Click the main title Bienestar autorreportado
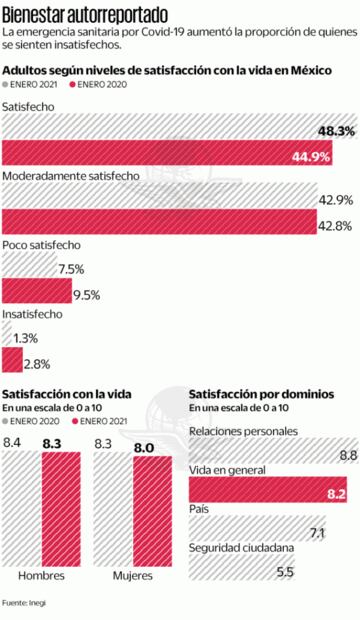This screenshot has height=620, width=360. coord(85,13)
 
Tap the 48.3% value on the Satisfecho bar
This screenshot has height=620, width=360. coord(333,131)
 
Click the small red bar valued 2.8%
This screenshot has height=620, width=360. coord(11,362)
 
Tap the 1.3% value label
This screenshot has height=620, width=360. coord(27,338)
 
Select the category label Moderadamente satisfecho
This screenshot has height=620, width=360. coord(70,176)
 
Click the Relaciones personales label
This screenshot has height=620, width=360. coord(243,431)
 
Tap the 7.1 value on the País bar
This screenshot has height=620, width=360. coord(318,532)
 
